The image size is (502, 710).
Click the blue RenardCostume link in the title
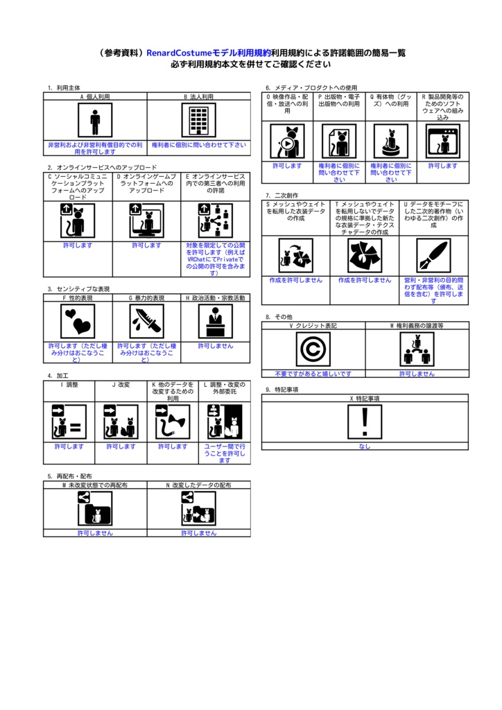click(209, 53)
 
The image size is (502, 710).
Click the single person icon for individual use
click(95, 120)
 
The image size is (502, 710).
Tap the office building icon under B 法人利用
click(199, 120)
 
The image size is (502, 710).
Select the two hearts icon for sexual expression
click(78, 321)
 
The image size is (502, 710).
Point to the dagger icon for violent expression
click(147, 321)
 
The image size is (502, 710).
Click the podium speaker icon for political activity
click(216, 321)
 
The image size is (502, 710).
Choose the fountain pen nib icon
click(433, 256)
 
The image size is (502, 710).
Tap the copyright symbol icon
click(313, 349)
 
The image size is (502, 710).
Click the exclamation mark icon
click(365, 422)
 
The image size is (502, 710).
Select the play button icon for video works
click(288, 141)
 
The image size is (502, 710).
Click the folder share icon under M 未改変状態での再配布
click(95, 508)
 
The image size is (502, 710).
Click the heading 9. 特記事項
click(282, 390)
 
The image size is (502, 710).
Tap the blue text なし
click(365, 447)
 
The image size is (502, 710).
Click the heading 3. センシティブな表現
click(78, 289)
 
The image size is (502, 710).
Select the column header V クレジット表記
click(313, 326)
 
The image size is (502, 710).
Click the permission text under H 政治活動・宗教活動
click(216, 346)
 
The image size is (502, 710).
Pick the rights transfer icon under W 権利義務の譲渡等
click(417, 349)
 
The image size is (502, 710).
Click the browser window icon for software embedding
click(443, 141)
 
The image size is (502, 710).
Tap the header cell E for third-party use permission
click(216, 183)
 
